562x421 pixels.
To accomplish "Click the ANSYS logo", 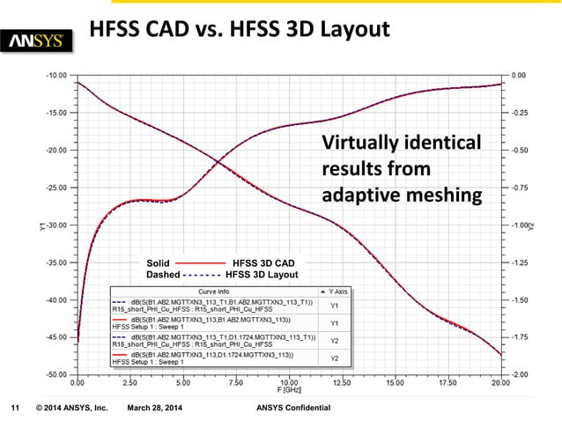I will pyautogui.click(x=41, y=41).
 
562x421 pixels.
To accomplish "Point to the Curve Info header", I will pyautogui.click(x=213, y=291).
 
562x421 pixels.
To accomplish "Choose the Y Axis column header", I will pyautogui.click(x=336, y=291).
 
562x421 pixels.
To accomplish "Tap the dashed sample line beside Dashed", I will pyautogui.click(x=202, y=274).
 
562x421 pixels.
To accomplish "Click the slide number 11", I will pyautogui.click(x=14, y=409).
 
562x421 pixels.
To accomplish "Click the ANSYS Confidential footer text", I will pyautogui.click(x=292, y=409).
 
